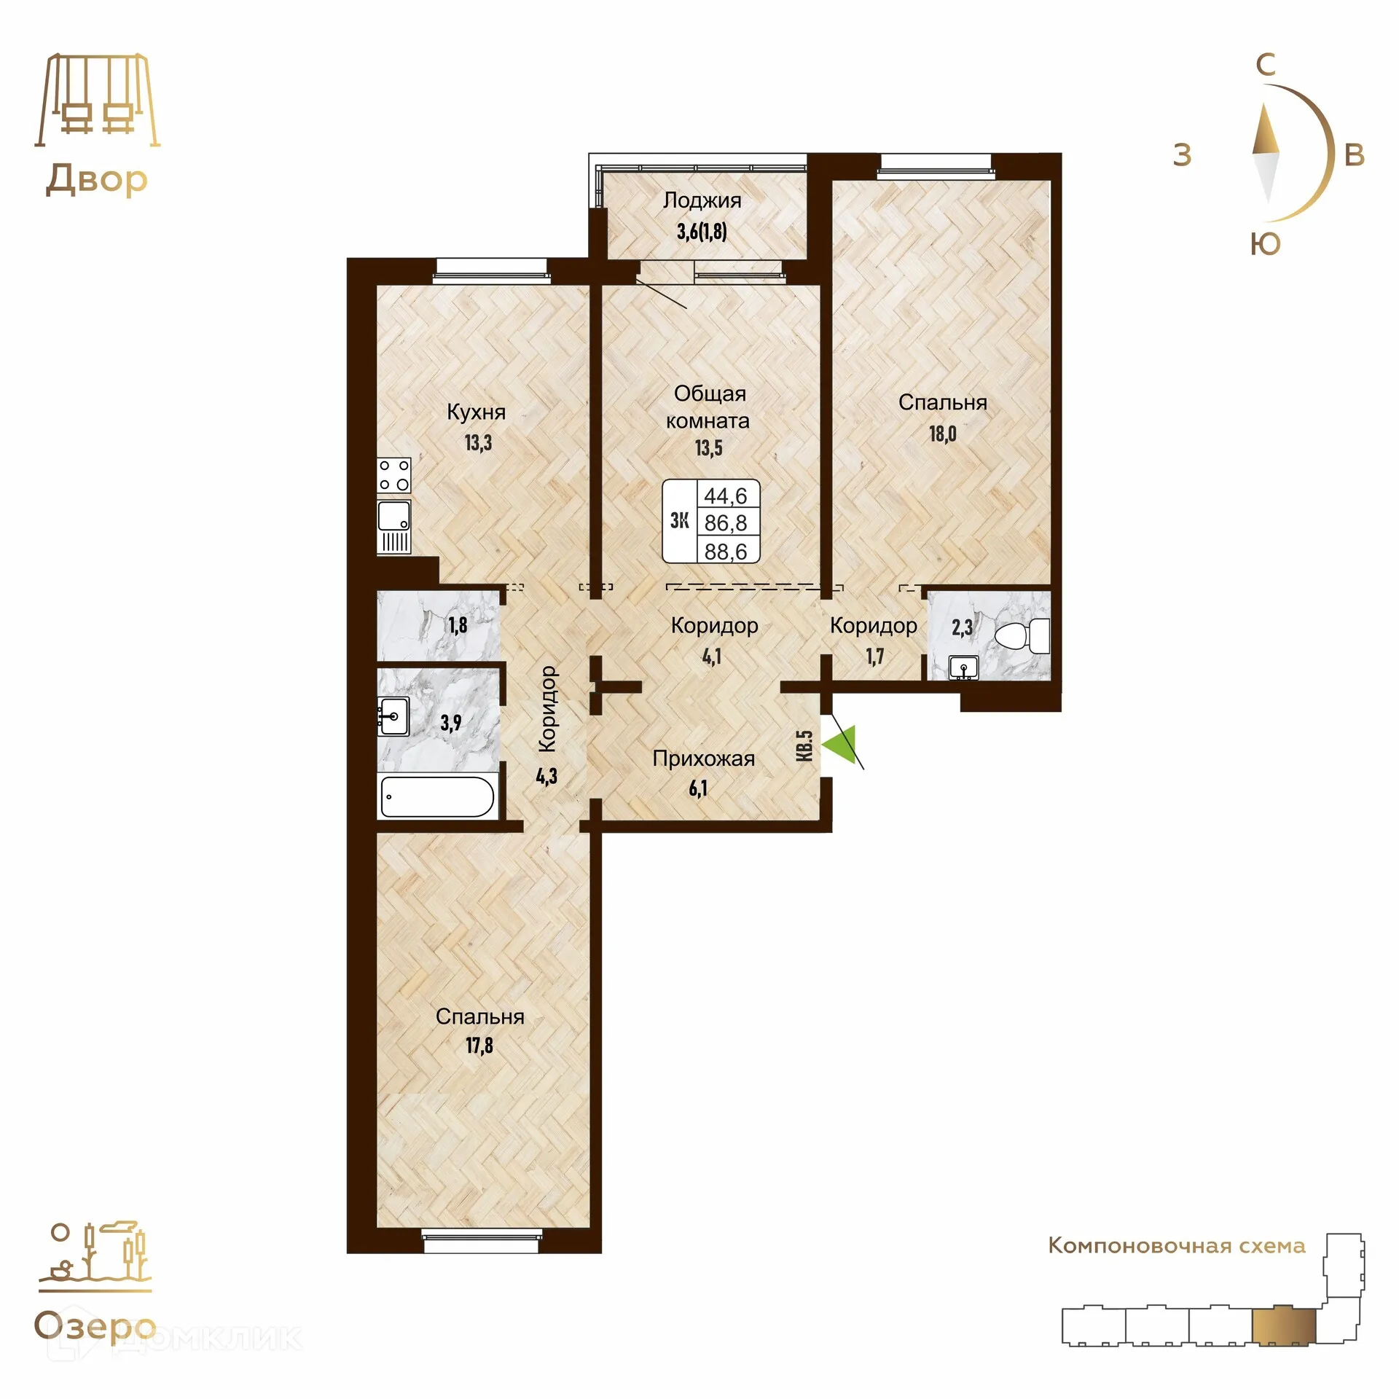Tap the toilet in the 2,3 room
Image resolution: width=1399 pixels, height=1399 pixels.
pos(1023,636)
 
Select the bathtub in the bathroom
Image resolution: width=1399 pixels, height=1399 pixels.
pos(438,796)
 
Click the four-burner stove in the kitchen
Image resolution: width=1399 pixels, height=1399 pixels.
pos(393,475)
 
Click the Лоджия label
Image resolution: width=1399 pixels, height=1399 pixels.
pos(702,200)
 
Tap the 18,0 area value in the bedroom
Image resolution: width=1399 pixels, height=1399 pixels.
pos(942,434)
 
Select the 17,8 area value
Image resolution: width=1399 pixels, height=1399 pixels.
pos(479,1046)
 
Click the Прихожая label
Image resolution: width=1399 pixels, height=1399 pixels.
pos(703,759)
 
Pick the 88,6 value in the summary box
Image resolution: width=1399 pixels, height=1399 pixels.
pos(726,552)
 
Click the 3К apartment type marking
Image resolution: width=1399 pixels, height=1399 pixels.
pos(679,520)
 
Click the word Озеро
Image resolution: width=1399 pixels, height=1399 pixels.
pos(95,1327)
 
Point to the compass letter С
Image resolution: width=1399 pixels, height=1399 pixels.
pos(1266,66)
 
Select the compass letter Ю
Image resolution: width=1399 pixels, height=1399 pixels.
pos(1265,245)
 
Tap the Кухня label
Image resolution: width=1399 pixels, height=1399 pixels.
pos(476,412)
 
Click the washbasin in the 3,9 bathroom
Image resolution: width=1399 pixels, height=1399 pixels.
pos(393,715)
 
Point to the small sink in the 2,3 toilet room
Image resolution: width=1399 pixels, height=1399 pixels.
pos(964,667)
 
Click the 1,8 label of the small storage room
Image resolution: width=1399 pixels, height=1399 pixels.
pos(458,625)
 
